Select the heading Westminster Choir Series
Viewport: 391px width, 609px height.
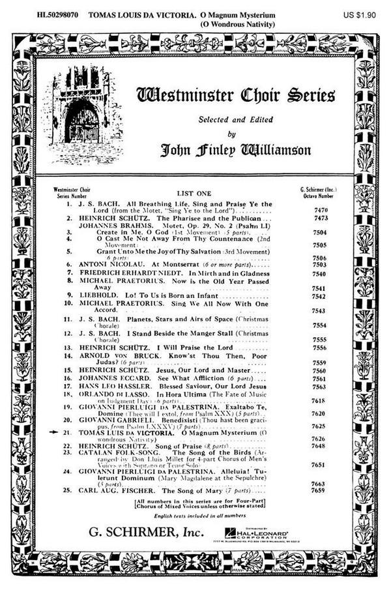point(235,95)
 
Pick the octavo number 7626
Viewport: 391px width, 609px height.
point(319,439)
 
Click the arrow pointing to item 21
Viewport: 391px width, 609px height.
point(57,432)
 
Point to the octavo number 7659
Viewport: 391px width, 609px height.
point(319,489)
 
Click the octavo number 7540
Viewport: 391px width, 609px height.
point(319,274)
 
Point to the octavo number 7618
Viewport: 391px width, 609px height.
point(319,401)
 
